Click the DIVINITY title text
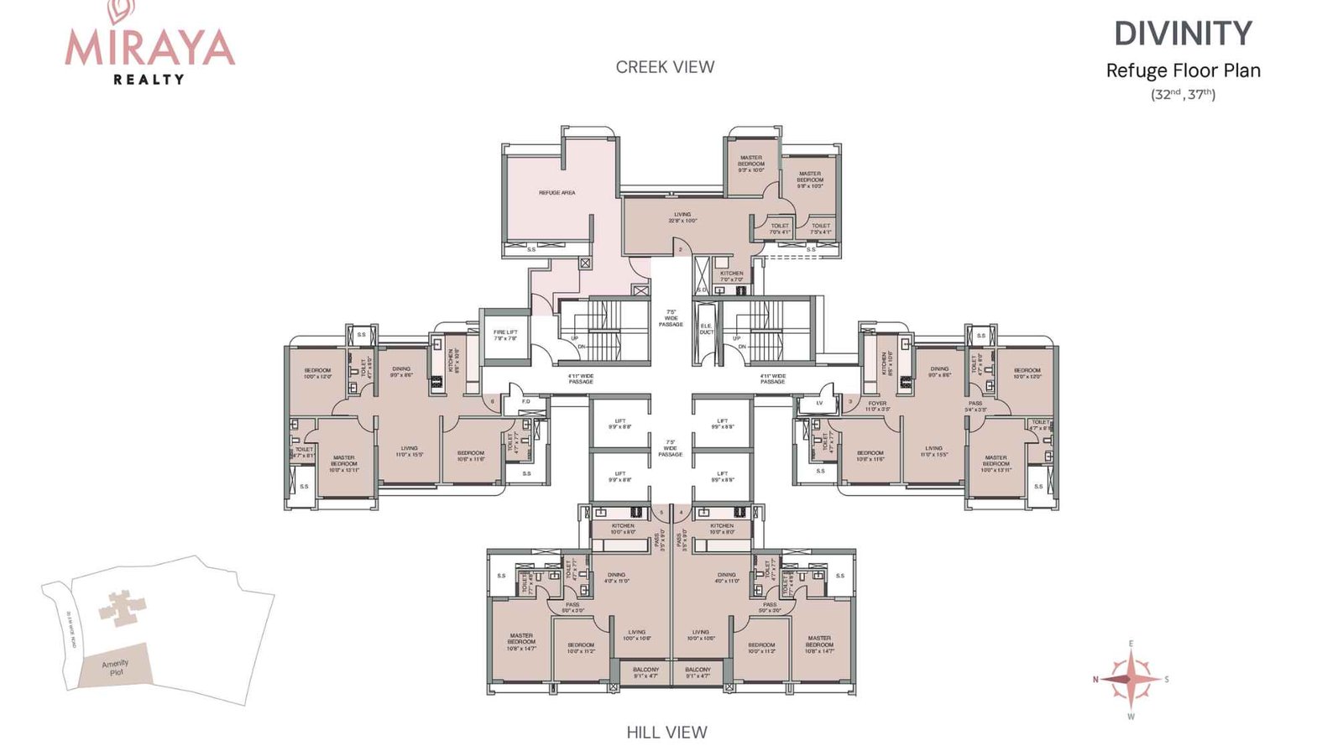(x=1183, y=34)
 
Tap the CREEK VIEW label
(x=665, y=67)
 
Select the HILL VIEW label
(x=666, y=732)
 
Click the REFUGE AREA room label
(x=557, y=193)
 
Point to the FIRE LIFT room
(x=505, y=336)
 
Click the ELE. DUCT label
(x=706, y=329)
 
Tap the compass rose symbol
(x=1131, y=679)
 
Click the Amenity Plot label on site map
(x=115, y=668)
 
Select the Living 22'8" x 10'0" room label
(x=682, y=217)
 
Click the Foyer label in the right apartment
(x=877, y=405)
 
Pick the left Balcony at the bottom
(x=645, y=672)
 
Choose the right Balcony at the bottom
(x=698, y=672)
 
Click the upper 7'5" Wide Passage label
(x=671, y=318)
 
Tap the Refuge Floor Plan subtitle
(x=1183, y=70)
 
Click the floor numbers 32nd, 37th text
(x=1183, y=94)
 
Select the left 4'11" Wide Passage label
(x=581, y=378)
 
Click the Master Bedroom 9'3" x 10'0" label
(x=751, y=164)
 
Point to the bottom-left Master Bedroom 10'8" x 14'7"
(x=521, y=642)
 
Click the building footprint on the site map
(x=122, y=606)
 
